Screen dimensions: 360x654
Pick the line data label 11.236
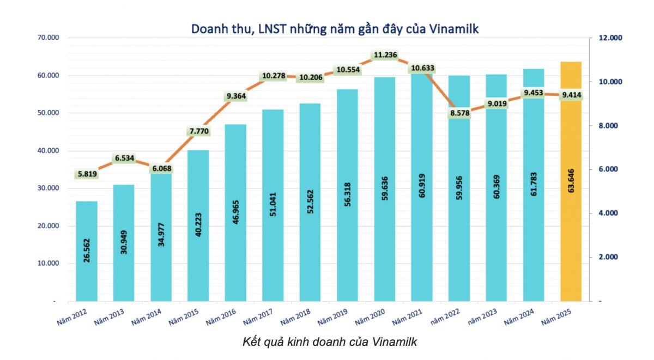pos(385,54)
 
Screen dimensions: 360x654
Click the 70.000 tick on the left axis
pos(49,38)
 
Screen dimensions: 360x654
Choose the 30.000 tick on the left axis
pos(49,188)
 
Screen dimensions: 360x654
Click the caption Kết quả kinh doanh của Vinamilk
pos(329,342)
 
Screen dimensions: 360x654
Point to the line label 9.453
pos(534,93)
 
